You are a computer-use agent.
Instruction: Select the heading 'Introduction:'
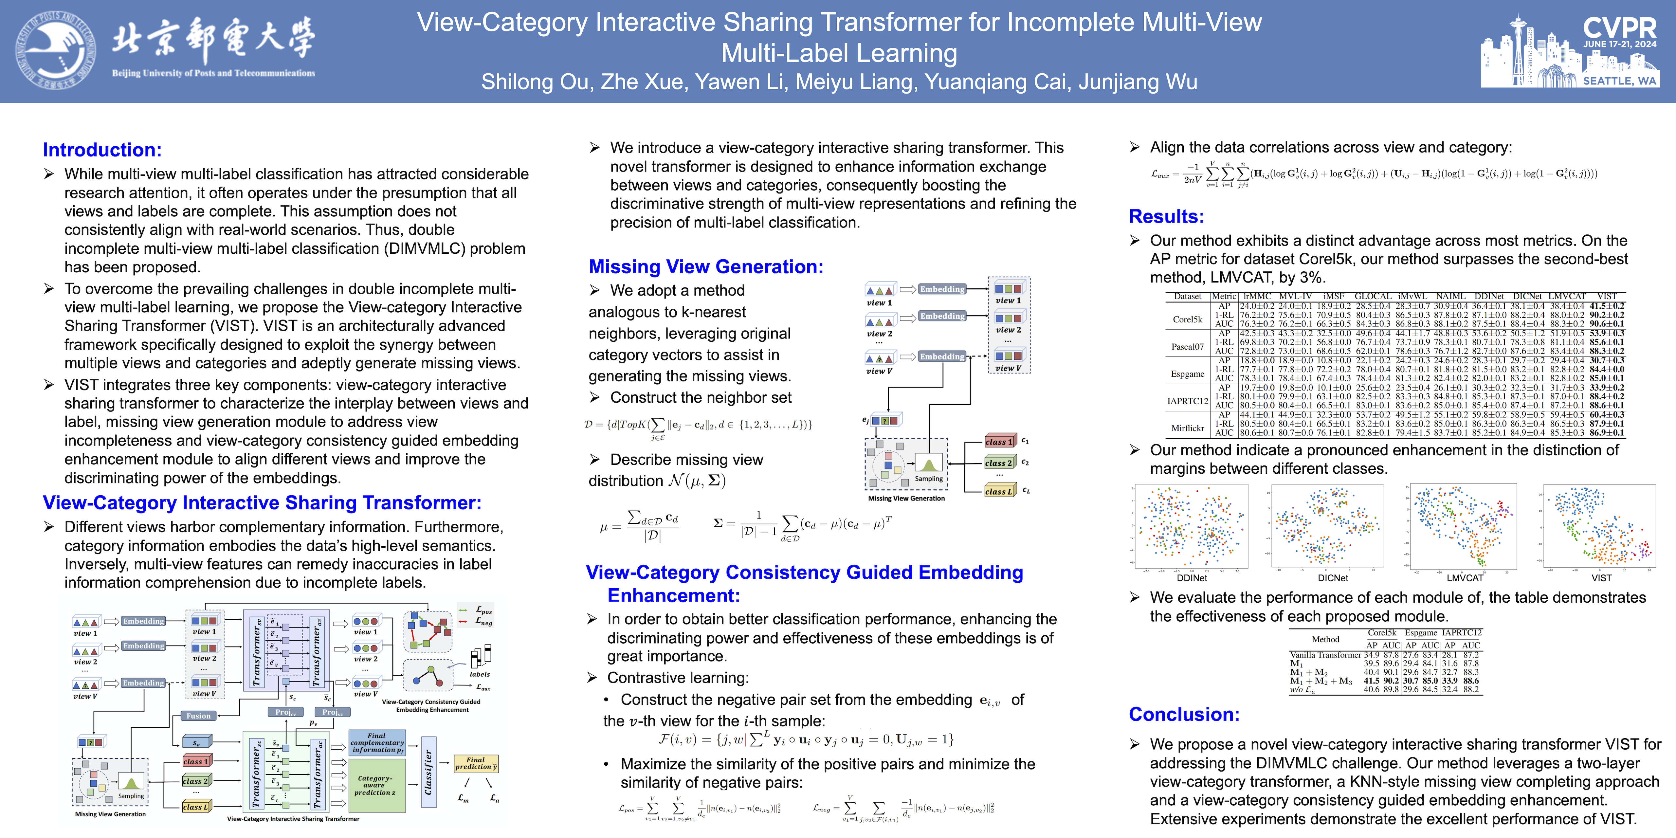pos(102,150)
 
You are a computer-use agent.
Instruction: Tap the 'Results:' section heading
pos(1166,217)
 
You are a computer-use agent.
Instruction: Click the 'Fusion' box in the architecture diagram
pos(198,716)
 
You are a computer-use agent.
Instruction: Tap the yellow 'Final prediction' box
pos(476,763)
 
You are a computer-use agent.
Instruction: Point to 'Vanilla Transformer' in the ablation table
pos(1325,655)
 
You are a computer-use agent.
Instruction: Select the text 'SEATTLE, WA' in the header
pos(1619,81)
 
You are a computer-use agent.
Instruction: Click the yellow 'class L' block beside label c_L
pos(998,491)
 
